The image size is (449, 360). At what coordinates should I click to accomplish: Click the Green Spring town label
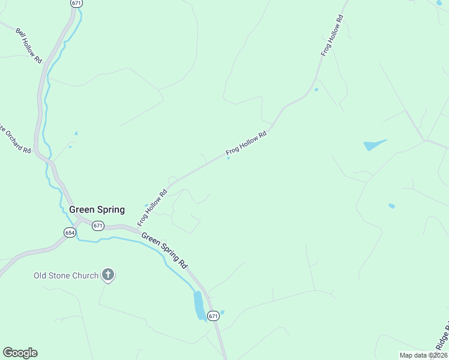(97, 209)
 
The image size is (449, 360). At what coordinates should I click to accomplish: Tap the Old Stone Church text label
(66, 275)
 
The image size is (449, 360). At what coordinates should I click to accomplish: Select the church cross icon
(108, 275)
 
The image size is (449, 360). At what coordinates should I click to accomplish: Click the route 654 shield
(70, 232)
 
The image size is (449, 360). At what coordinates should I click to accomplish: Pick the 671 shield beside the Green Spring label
(98, 226)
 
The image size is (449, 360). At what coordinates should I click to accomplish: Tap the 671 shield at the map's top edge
(76, 3)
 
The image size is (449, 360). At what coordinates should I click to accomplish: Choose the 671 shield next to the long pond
(213, 315)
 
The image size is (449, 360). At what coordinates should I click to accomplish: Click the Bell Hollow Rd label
(28, 46)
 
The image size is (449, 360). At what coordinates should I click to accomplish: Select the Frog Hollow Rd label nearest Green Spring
(152, 208)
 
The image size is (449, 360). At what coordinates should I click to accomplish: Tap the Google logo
(20, 353)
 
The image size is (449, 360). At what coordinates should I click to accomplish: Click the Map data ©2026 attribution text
(423, 355)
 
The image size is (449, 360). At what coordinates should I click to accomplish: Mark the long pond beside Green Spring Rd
(199, 305)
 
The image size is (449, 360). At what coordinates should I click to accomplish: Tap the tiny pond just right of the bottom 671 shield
(223, 312)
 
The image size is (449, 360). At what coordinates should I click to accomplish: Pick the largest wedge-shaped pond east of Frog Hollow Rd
(372, 145)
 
